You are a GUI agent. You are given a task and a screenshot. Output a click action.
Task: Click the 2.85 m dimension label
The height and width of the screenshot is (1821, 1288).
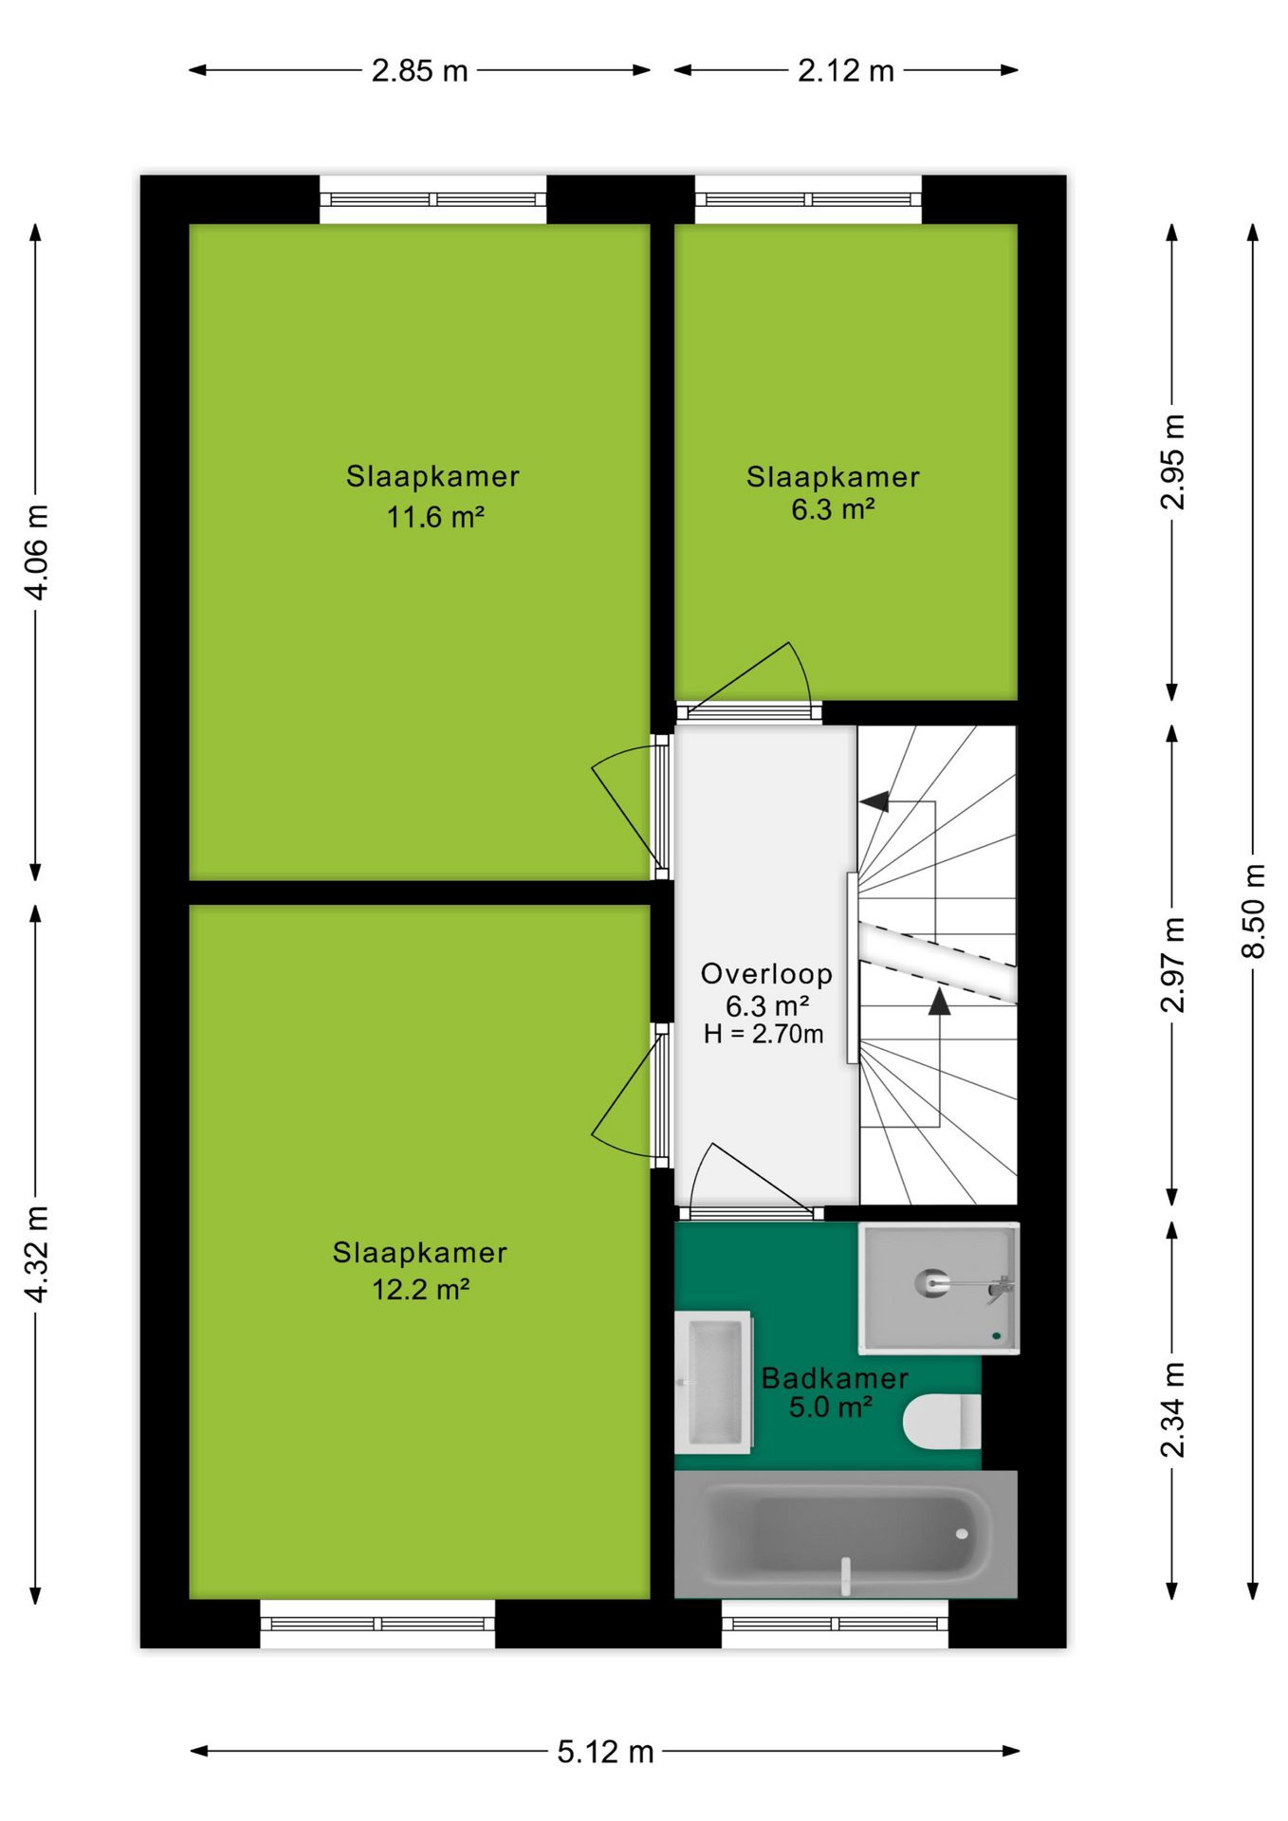419,70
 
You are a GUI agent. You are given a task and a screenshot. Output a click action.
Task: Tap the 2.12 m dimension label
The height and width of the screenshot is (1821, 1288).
845,70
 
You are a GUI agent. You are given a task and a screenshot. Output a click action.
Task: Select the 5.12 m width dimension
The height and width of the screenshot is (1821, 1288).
605,1751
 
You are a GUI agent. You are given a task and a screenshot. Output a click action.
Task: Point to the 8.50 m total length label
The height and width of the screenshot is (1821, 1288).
1253,910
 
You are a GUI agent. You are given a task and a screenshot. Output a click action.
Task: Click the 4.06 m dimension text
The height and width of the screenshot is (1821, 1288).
36,552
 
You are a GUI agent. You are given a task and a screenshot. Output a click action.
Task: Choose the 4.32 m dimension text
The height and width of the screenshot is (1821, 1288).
36,1254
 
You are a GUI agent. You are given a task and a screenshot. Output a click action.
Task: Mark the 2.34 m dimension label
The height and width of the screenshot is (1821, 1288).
1173,1409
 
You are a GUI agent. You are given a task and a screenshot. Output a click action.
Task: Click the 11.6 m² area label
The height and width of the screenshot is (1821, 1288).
435,517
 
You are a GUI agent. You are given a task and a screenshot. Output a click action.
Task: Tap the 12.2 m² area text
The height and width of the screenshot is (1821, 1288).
420,1289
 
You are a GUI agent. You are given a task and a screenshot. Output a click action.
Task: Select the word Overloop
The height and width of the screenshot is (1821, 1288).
766,974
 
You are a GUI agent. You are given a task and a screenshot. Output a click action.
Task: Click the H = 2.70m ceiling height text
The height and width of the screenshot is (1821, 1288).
764,1034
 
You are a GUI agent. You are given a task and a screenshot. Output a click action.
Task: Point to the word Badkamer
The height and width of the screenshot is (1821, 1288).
835,1378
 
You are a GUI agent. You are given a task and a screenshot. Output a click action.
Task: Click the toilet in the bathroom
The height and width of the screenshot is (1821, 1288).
942,1423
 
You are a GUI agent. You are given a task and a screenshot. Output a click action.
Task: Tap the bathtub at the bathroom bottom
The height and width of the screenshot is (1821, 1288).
846,1534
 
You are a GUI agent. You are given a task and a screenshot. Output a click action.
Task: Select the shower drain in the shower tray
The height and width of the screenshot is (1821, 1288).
996,1335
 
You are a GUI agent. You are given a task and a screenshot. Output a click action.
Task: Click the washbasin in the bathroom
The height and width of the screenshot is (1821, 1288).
713,1382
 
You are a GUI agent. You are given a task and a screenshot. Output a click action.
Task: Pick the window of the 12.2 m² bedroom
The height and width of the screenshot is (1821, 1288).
377,1624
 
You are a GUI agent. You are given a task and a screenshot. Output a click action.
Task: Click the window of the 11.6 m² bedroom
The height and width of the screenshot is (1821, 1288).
432,199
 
